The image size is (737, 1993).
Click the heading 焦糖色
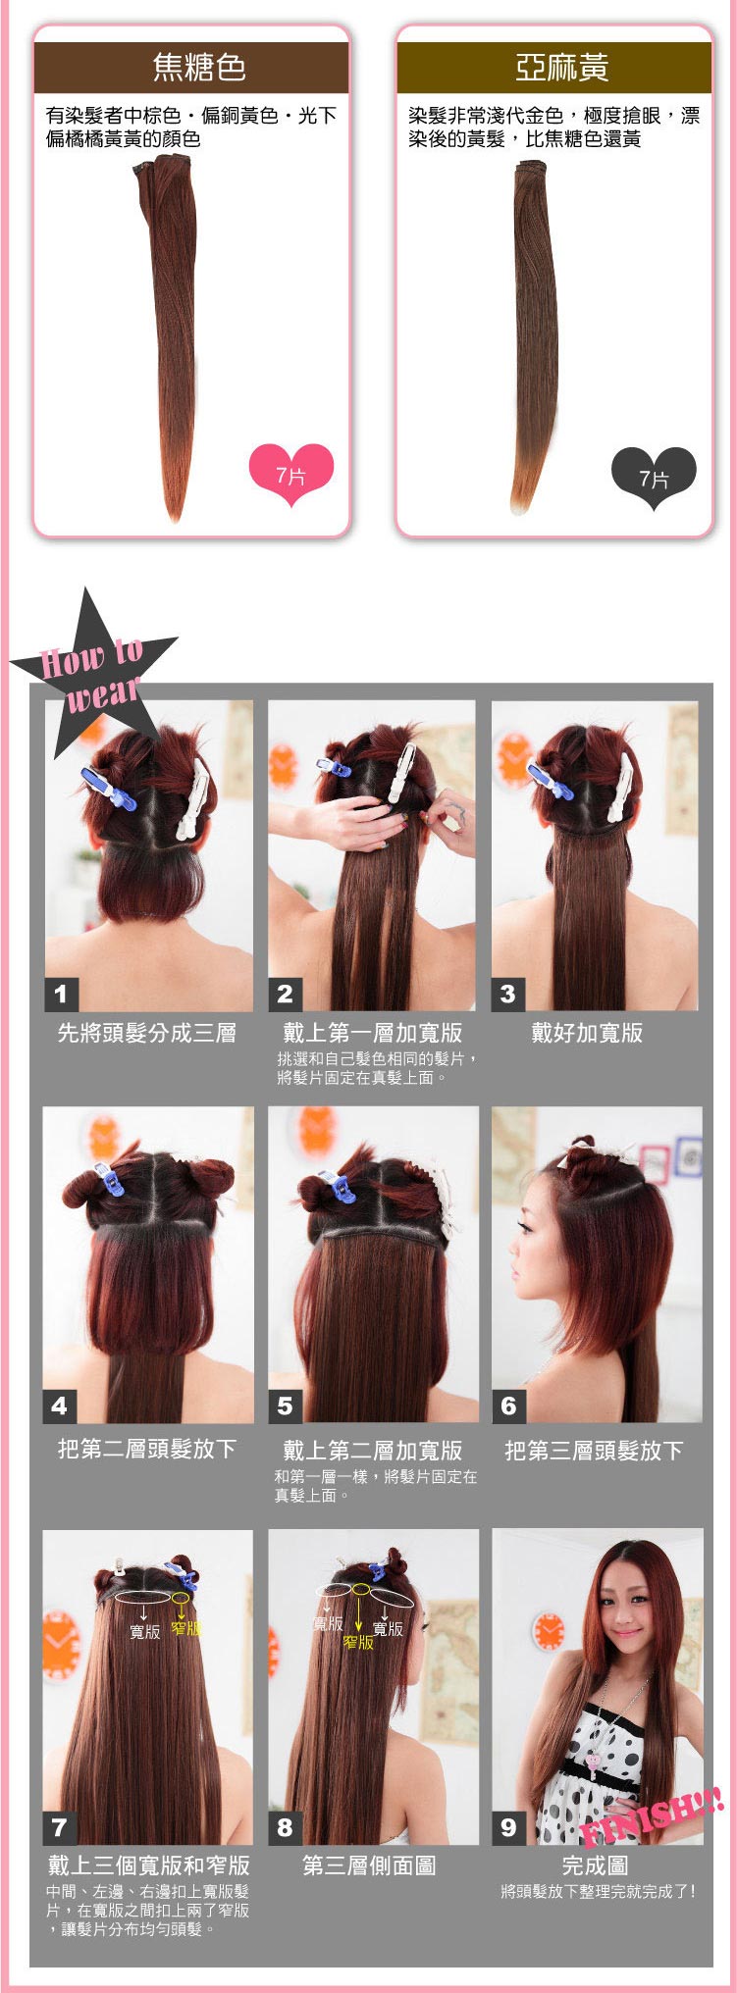point(199,67)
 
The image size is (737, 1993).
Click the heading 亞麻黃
point(562,67)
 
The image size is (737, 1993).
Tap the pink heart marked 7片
point(291,475)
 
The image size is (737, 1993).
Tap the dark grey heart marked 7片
point(654,478)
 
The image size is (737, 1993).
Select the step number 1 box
point(61,994)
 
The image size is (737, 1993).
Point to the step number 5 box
point(285,1405)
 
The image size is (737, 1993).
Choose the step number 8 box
point(285,1827)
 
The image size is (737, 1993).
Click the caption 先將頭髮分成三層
point(147,1033)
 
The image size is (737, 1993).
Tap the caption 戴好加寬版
point(587,1033)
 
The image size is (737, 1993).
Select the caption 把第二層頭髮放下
point(147,1450)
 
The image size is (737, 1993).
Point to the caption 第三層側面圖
point(370,1865)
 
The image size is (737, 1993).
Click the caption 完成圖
point(595,1865)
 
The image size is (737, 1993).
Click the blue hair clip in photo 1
point(108,789)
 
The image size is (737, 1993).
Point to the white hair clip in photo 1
point(193,798)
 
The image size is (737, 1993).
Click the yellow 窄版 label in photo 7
point(186,1628)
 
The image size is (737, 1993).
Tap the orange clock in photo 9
point(549,1631)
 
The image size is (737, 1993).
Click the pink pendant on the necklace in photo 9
point(594,1761)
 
